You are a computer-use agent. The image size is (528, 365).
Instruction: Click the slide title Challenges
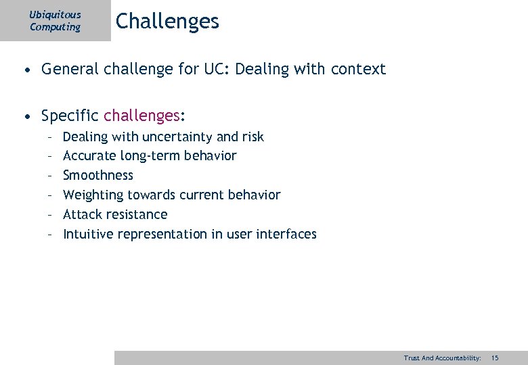tap(167, 22)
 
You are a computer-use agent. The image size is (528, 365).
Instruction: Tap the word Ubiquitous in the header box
tap(55, 14)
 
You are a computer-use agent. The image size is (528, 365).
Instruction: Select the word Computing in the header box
tap(55, 27)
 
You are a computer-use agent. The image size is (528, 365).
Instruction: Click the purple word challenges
tap(141, 116)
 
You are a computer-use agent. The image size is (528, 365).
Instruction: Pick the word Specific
tap(70, 116)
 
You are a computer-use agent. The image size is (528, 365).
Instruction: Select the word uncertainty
tap(177, 137)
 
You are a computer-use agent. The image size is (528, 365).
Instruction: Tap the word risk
tap(252, 137)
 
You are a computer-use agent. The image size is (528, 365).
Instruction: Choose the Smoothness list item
tap(98, 176)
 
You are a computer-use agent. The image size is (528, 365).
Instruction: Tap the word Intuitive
tap(88, 235)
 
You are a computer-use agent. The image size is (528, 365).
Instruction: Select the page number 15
tap(495, 358)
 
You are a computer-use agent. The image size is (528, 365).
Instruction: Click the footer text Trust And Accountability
tap(442, 358)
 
